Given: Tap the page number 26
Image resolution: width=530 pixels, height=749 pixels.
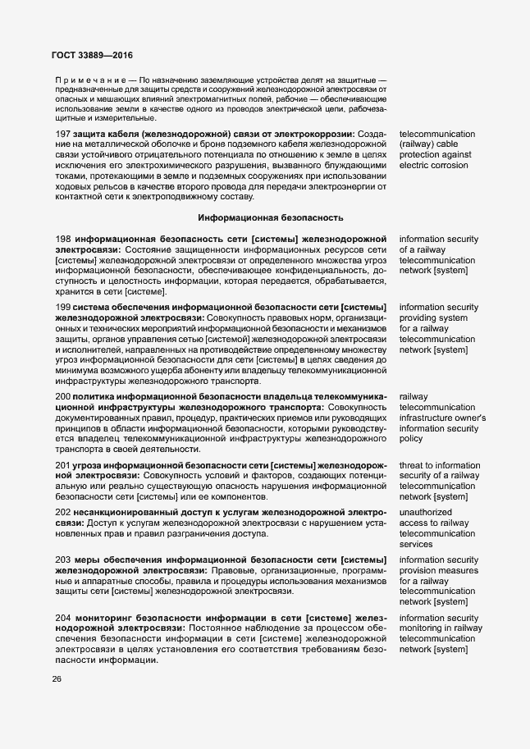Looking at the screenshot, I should [x=56, y=678].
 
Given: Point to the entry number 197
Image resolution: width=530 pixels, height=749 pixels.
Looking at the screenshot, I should [x=62, y=133].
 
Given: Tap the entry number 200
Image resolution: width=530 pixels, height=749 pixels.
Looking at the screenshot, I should [x=62, y=396].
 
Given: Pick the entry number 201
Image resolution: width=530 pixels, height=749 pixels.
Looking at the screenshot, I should [x=62, y=465].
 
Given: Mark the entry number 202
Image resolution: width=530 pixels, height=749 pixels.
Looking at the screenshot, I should [x=62, y=512].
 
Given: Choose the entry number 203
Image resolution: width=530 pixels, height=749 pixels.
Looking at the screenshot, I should [x=62, y=560].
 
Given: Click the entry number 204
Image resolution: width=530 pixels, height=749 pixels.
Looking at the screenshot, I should [x=62, y=617].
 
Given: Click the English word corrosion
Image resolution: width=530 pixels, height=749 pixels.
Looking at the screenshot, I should [x=449, y=166].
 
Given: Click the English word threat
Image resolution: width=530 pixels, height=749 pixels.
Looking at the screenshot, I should [x=413, y=465].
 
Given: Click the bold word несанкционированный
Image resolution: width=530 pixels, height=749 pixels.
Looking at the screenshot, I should [x=123, y=512].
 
